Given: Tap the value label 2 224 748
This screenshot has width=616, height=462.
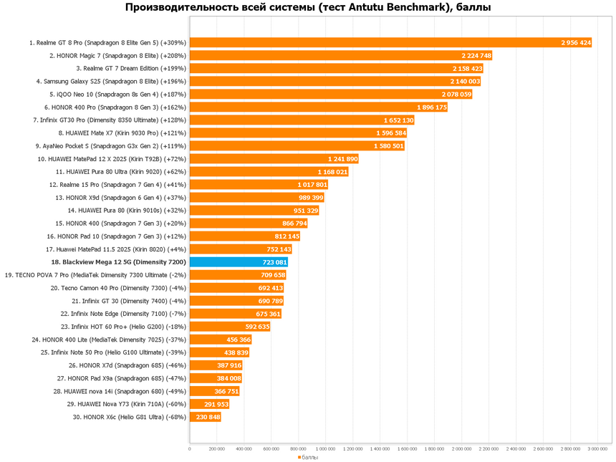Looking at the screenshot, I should (x=476, y=55).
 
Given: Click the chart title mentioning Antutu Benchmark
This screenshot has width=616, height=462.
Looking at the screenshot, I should (x=308, y=8).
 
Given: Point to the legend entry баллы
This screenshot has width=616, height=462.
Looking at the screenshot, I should (x=307, y=456).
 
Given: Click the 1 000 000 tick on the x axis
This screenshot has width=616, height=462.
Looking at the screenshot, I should (x=325, y=449).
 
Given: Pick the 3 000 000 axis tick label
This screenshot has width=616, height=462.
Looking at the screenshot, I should (x=597, y=449).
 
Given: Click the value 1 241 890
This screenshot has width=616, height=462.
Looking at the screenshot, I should (x=342, y=158).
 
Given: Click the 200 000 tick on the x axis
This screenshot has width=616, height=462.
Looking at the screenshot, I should (x=216, y=449).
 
